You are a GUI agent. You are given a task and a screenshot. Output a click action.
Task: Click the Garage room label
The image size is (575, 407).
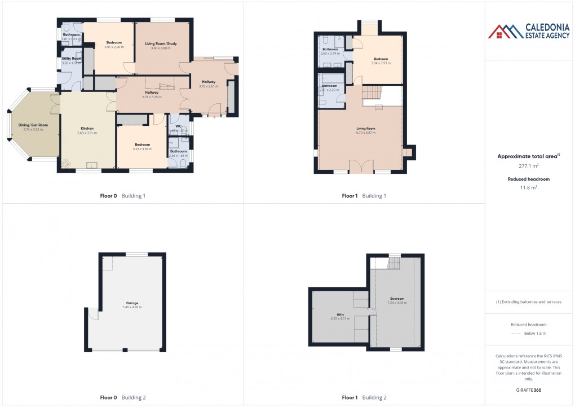pos(132,303)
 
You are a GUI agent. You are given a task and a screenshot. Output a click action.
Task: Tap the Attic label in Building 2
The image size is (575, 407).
pos(340,314)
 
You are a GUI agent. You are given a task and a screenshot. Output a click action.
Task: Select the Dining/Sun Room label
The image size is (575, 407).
pos(33,125)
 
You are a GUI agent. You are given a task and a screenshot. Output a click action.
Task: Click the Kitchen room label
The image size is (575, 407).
pos(87,128)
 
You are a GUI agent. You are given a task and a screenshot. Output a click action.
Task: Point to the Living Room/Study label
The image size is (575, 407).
pos(160,43)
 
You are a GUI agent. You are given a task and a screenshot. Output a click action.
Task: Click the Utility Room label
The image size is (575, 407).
pos(72,58)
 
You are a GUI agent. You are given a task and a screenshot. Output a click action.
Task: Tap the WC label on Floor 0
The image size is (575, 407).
pos(178,126)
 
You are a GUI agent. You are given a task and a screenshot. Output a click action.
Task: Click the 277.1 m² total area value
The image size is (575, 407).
pos(529,166)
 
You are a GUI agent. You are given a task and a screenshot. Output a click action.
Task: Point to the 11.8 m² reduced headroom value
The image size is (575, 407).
pos(529,187)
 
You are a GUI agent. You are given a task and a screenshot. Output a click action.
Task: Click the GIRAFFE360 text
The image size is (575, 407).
pos(529,390)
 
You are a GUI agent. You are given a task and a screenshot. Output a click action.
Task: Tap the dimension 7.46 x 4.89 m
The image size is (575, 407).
pos(132,307)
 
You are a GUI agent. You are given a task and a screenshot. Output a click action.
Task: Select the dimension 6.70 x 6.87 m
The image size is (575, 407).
pos(366,133)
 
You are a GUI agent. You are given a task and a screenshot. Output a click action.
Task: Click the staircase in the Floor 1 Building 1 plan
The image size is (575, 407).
pos(371,92)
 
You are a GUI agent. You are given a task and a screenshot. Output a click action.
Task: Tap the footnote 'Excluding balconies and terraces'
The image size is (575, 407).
pos(529,302)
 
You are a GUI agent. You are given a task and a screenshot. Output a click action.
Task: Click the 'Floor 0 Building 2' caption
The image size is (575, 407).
pos(122,397)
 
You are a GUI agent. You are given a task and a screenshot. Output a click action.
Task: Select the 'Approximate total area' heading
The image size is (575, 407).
pos(528,156)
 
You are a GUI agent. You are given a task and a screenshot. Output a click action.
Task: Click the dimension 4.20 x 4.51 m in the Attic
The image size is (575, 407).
pos(340,318)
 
